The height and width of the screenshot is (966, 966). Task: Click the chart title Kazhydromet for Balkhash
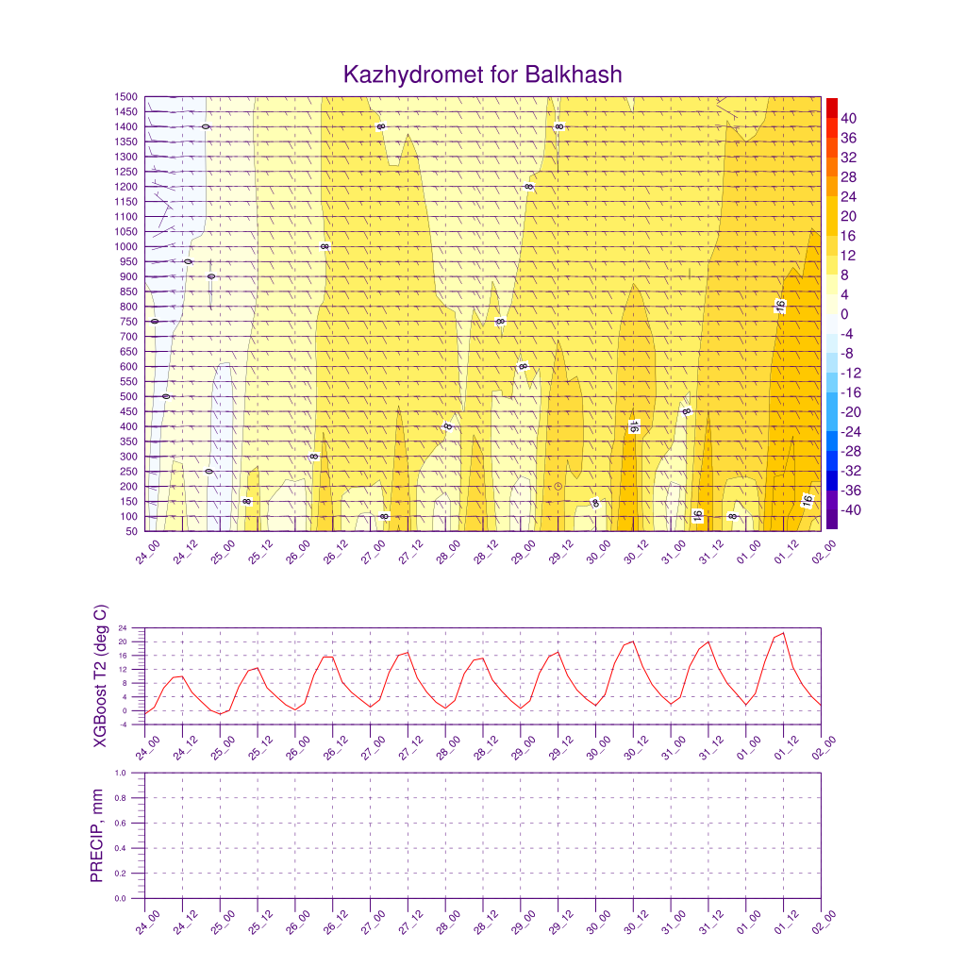pos(483,75)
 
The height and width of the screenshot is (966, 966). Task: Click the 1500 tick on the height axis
pos(125,97)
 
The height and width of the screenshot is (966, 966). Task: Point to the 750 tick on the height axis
pos(128,322)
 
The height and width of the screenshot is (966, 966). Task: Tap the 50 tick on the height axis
pos(131,531)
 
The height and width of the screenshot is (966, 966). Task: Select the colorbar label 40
pos(848,118)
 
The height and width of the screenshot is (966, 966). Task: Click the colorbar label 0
pos(843,314)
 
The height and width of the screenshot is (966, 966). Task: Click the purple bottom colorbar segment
pos(831,520)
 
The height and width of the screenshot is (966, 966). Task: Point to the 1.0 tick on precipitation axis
pos(133,773)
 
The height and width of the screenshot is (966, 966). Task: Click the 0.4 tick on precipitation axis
pos(133,848)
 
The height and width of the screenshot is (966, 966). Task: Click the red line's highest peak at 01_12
pos(783,633)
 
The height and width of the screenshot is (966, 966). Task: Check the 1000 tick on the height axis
pos(125,247)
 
